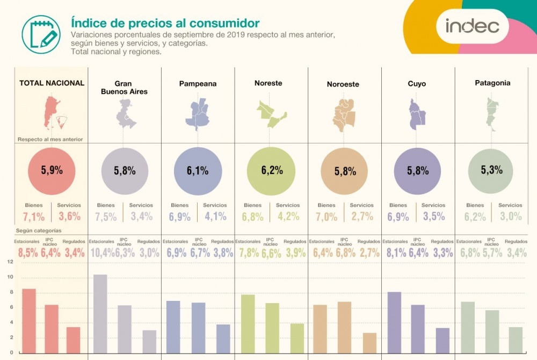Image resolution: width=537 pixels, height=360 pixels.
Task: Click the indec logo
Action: [472, 25]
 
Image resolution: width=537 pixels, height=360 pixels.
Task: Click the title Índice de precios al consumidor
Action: [165, 23]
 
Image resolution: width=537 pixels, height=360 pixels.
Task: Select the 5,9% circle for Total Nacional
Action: [52, 171]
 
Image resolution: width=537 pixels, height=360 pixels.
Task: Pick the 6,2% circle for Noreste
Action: [272, 171]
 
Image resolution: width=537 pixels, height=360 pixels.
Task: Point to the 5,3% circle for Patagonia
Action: [492, 171]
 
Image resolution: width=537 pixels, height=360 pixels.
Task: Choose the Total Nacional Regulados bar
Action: [73, 343]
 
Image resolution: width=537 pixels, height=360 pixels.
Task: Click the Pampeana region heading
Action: [198, 84]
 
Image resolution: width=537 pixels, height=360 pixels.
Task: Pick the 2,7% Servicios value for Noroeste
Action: [362, 217]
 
